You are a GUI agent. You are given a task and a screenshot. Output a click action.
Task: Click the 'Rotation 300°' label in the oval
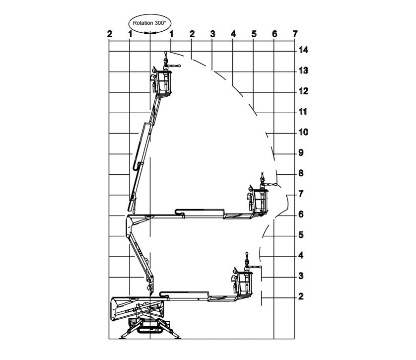click(x=149, y=22)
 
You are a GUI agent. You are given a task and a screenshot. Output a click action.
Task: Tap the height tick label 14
click(x=303, y=50)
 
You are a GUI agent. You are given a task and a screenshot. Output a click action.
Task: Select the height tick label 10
click(x=303, y=133)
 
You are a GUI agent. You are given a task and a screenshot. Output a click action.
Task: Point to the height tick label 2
click(x=301, y=297)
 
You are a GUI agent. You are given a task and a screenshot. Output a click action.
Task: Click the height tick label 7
click(x=301, y=194)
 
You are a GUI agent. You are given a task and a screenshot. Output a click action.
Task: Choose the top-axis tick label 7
click(x=295, y=34)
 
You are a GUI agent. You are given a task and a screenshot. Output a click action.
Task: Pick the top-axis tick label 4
click(x=233, y=34)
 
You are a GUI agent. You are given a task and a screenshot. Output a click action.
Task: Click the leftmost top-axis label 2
click(x=109, y=34)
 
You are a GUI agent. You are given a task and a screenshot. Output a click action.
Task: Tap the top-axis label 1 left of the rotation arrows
click(x=130, y=34)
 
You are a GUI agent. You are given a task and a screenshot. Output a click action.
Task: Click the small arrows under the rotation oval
click(x=150, y=33)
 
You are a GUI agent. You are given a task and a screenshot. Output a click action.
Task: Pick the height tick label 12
click(x=303, y=91)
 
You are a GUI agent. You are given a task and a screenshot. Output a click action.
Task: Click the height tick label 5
click(x=301, y=235)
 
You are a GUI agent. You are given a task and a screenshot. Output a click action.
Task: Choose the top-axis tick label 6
click(x=275, y=34)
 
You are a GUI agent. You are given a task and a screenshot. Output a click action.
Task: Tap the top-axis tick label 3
click(x=212, y=34)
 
